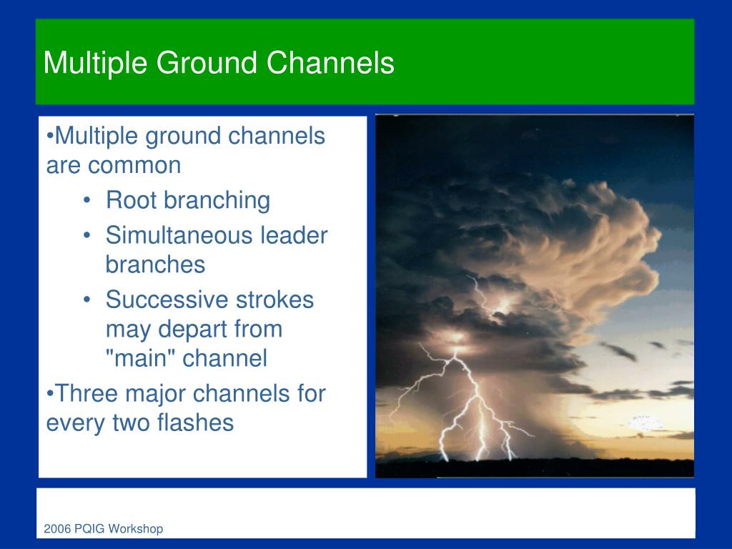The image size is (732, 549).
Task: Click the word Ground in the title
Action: click(x=207, y=63)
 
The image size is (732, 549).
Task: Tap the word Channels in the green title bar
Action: click(x=330, y=63)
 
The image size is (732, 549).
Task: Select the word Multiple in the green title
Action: click(x=95, y=64)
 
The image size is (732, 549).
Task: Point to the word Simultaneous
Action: click(x=179, y=234)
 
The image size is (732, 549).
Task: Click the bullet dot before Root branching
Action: click(x=86, y=201)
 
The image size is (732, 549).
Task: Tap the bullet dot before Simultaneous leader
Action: click(x=86, y=236)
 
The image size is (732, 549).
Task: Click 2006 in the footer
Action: click(x=57, y=528)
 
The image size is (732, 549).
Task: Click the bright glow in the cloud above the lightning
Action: click(x=503, y=306)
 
